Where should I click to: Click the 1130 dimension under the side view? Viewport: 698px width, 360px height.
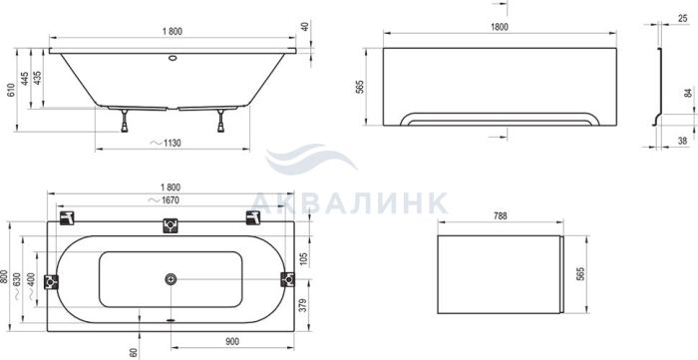tap(172, 144)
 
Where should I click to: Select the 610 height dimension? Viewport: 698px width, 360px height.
tap(11, 90)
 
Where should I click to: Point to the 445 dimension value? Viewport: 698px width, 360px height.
tap(25, 79)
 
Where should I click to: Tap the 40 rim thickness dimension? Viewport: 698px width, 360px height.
tap(305, 26)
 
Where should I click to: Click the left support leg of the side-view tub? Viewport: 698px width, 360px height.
tap(125, 120)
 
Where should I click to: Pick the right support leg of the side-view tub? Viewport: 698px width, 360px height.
tap(220, 120)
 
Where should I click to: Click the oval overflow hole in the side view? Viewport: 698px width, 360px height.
tap(173, 58)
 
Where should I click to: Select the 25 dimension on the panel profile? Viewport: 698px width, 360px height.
tap(682, 18)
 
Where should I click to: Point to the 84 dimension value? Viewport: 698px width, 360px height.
tap(689, 93)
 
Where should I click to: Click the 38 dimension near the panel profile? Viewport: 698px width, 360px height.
tap(682, 141)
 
